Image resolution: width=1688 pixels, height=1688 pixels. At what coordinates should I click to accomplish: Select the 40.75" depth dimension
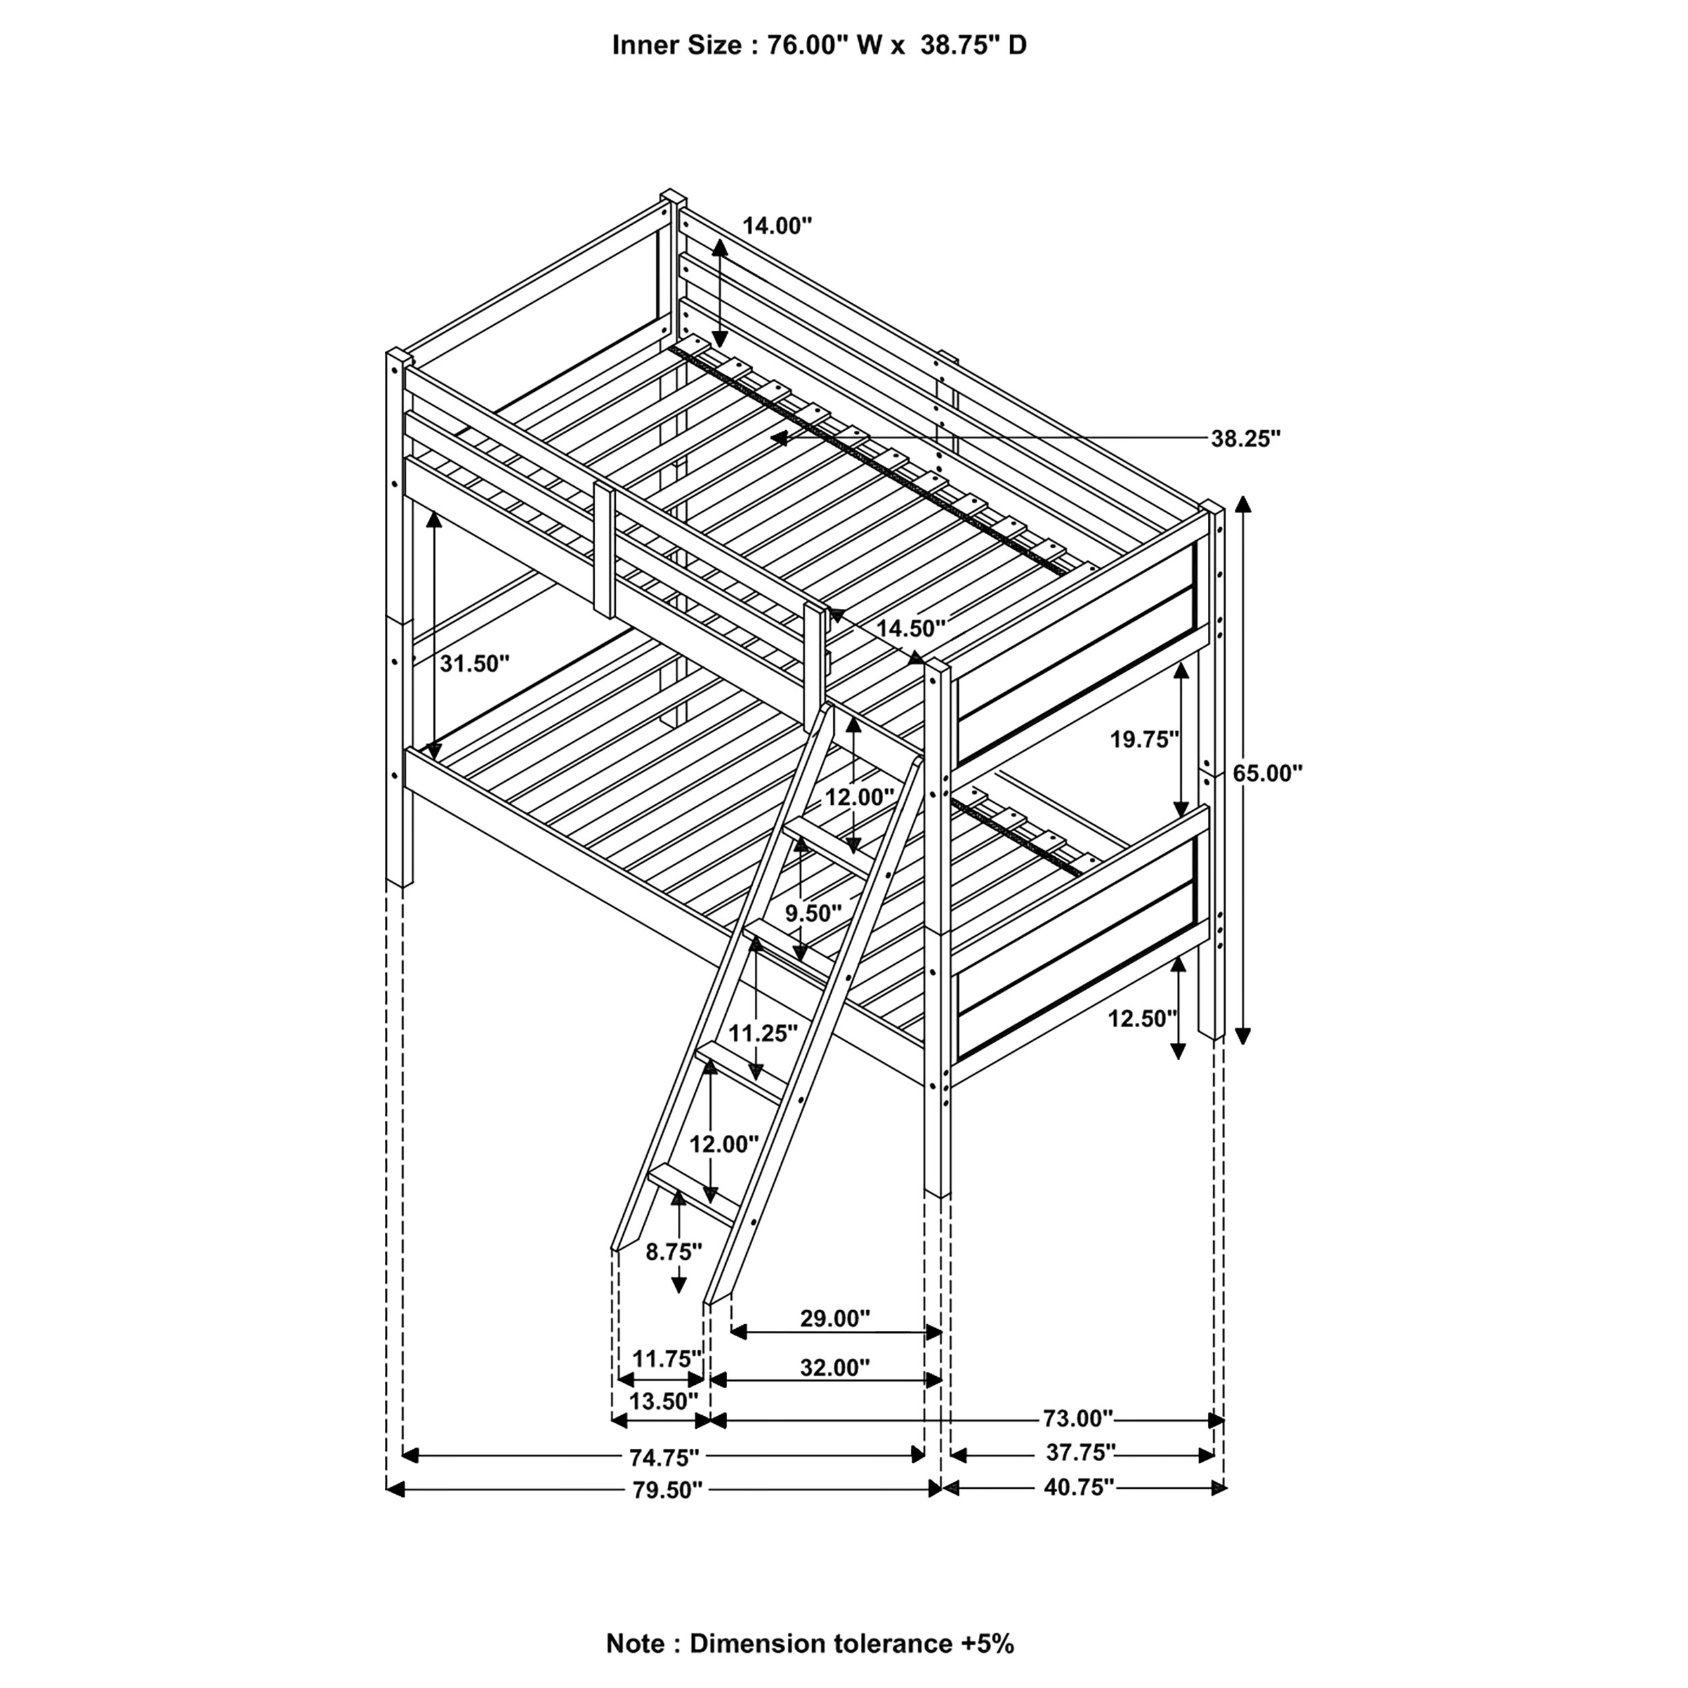click(1079, 1487)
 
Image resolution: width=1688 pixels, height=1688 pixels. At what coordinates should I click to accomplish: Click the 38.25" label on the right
click(1245, 439)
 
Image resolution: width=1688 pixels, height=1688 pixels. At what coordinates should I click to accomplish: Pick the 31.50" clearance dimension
click(473, 664)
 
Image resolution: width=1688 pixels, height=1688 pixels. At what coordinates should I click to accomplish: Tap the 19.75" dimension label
click(1144, 740)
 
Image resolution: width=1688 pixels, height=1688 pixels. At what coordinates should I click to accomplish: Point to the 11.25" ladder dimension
click(763, 1034)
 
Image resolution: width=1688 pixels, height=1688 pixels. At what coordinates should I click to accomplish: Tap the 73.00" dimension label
click(1078, 1417)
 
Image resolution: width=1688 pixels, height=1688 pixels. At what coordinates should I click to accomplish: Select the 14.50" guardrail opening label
click(912, 628)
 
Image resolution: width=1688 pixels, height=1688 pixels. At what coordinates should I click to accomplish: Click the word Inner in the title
click(643, 45)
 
